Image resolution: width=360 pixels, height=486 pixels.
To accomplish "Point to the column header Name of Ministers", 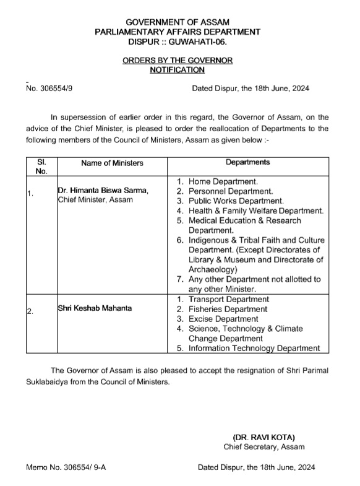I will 112,163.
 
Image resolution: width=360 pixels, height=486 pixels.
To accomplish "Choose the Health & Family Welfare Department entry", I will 247,210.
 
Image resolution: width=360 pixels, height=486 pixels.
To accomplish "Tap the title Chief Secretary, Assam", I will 264,446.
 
